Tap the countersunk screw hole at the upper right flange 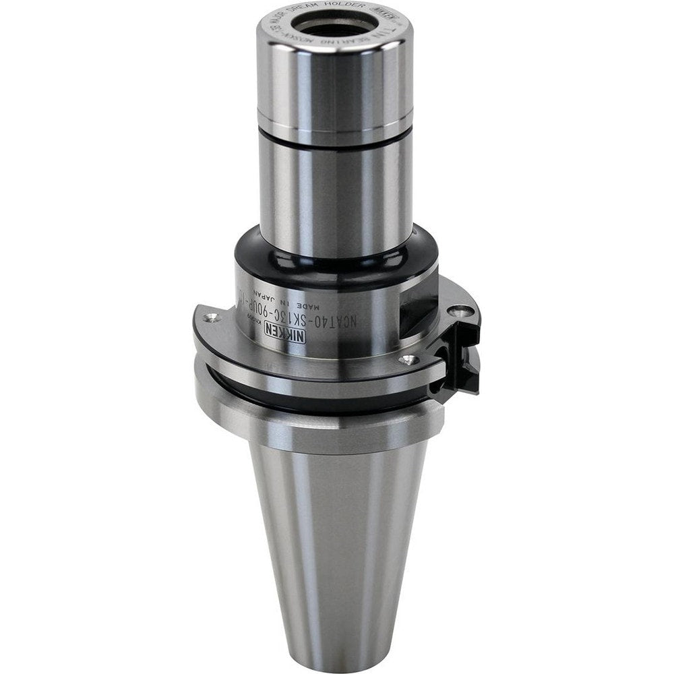[460, 310]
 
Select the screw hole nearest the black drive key [406, 360]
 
